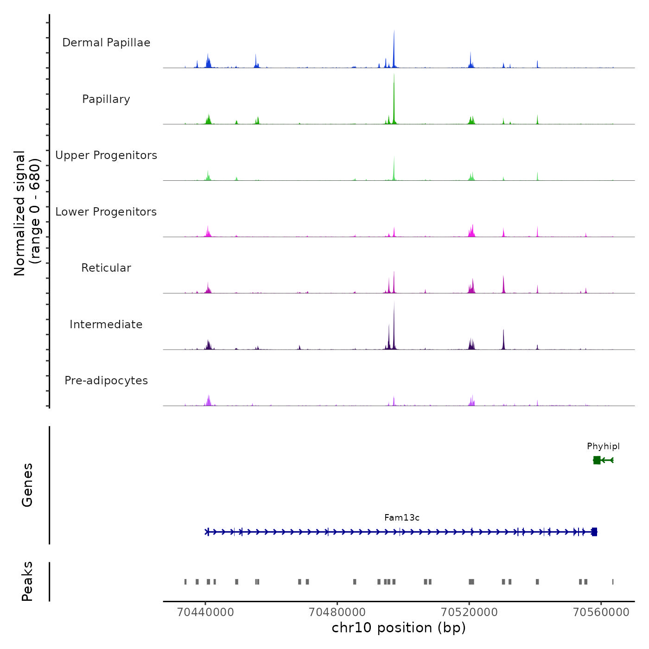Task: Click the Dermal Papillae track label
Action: tap(106, 43)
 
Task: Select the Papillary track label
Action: tap(106, 99)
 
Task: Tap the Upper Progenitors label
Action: tap(106, 155)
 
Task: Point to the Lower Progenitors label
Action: tap(106, 212)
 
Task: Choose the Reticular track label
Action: tap(106, 268)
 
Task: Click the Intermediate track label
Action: tap(106, 324)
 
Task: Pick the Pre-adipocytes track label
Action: tap(106, 381)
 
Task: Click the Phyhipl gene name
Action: tap(603, 446)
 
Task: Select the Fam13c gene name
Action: tap(402, 518)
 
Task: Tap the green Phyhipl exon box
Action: tap(597, 460)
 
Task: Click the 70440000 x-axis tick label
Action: tap(205, 612)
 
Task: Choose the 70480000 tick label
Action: tap(337, 612)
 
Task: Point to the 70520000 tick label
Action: tap(469, 612)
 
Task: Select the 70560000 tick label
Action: tap(601, 612)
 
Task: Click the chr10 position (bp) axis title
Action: tap(399, 628)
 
